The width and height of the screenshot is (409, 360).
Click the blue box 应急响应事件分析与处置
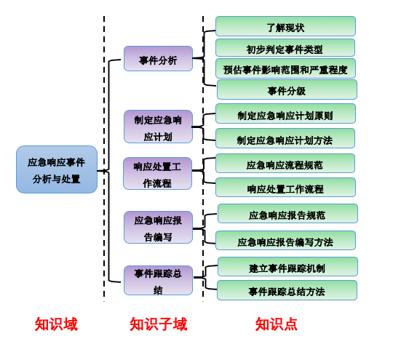[57, 169]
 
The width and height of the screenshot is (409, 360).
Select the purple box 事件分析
[158, 59]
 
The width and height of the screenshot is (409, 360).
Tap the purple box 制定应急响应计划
[158, 127]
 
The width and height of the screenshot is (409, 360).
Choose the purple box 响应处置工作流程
[158, 174]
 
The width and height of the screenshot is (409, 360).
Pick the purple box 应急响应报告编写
[158, 228]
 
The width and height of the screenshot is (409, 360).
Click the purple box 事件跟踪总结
[158, 281]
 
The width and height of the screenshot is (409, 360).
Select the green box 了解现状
[285, 26]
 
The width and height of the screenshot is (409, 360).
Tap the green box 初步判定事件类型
[285, 48]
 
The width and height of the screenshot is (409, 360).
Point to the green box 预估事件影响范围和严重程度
[285, 69]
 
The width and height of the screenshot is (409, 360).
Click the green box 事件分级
[287, 90]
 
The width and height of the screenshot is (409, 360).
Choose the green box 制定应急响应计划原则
[285, 114]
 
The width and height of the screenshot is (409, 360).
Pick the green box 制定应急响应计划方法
[285, 139]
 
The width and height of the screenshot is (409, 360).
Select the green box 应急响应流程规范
[285, 164]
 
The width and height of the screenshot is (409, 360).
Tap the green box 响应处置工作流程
[285, 188]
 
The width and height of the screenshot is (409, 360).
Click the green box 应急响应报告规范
[287, 214]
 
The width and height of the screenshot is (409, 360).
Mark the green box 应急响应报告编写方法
[285, 241]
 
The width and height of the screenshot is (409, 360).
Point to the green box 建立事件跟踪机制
[287, 267]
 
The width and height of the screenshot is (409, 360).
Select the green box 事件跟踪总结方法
[287, 290]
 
